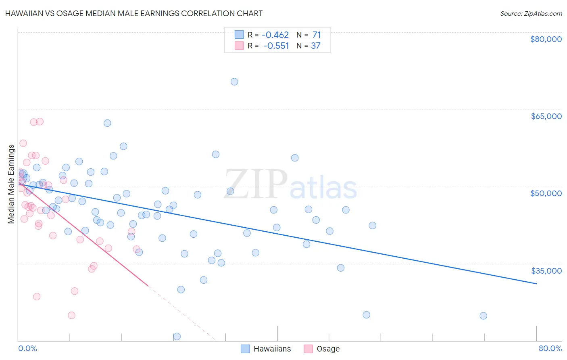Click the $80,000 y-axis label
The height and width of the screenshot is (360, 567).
546,39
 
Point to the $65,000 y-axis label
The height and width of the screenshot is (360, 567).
546,116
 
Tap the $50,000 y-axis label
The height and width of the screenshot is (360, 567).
546,193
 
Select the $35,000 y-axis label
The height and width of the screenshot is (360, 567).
546,270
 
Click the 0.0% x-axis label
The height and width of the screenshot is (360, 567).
27,348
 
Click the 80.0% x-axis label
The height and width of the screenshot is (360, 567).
550,348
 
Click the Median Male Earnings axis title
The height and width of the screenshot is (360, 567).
11,184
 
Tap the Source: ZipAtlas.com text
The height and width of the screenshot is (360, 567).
531,14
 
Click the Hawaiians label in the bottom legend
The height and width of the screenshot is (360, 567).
272,349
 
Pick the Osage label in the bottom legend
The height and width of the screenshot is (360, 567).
328,349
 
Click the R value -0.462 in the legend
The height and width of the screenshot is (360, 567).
275,35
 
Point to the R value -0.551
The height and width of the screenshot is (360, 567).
276,46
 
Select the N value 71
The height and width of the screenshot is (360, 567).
317,35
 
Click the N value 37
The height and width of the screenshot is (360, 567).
316,46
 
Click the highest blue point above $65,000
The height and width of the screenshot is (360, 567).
234,82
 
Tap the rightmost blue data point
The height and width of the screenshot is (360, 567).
483,316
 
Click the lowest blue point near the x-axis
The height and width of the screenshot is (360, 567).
177,336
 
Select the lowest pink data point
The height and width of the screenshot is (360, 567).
71,315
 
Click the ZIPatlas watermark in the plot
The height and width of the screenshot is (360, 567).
290,185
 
